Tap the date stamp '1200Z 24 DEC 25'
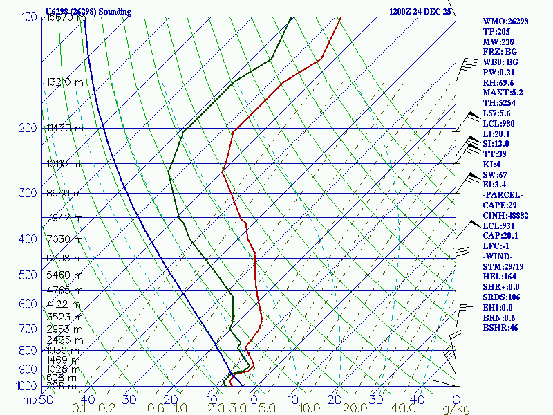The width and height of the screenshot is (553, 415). [420, 12]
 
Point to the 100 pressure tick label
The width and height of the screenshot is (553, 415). [29, 17]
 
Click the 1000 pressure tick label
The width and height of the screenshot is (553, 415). [26, 386]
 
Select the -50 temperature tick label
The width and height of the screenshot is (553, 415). [45, 400]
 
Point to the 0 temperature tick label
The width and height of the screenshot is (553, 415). [254, 400]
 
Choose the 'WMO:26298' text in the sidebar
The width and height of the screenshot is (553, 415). [505, 21]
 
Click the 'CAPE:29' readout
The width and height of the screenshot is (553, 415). [500, 205]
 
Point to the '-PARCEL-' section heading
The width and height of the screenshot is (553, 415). [503, 194]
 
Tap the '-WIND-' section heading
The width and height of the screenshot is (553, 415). [498, 256]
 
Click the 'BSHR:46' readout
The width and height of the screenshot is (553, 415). [500, 328]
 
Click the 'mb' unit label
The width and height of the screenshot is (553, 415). [28, 400]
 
